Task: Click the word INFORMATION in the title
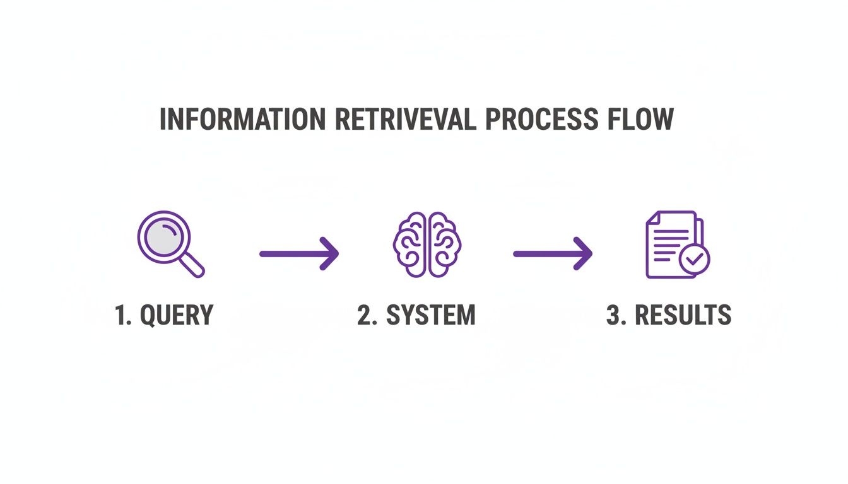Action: (x=242, y=120)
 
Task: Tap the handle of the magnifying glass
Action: (x=192, y=265)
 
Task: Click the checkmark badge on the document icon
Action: (x=694, y=258)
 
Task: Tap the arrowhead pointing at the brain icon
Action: (x=329, y=253)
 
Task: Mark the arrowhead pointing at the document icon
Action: (x=583, y=253)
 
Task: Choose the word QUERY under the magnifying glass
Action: (x=177, y=315)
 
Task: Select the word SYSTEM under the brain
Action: (x=431, y=315)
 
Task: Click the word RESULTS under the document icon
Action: (x=683, y=315)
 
